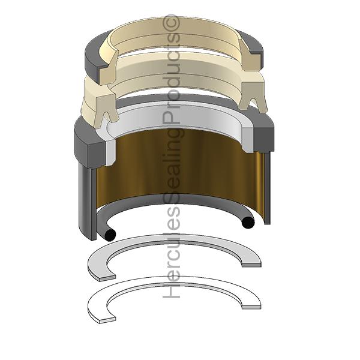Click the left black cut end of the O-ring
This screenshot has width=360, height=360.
click(110, 235)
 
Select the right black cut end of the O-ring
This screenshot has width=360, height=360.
click(248, 222)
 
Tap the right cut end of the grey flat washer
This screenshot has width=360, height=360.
click(251, 265)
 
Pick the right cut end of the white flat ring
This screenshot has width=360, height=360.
click(251, 307)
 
